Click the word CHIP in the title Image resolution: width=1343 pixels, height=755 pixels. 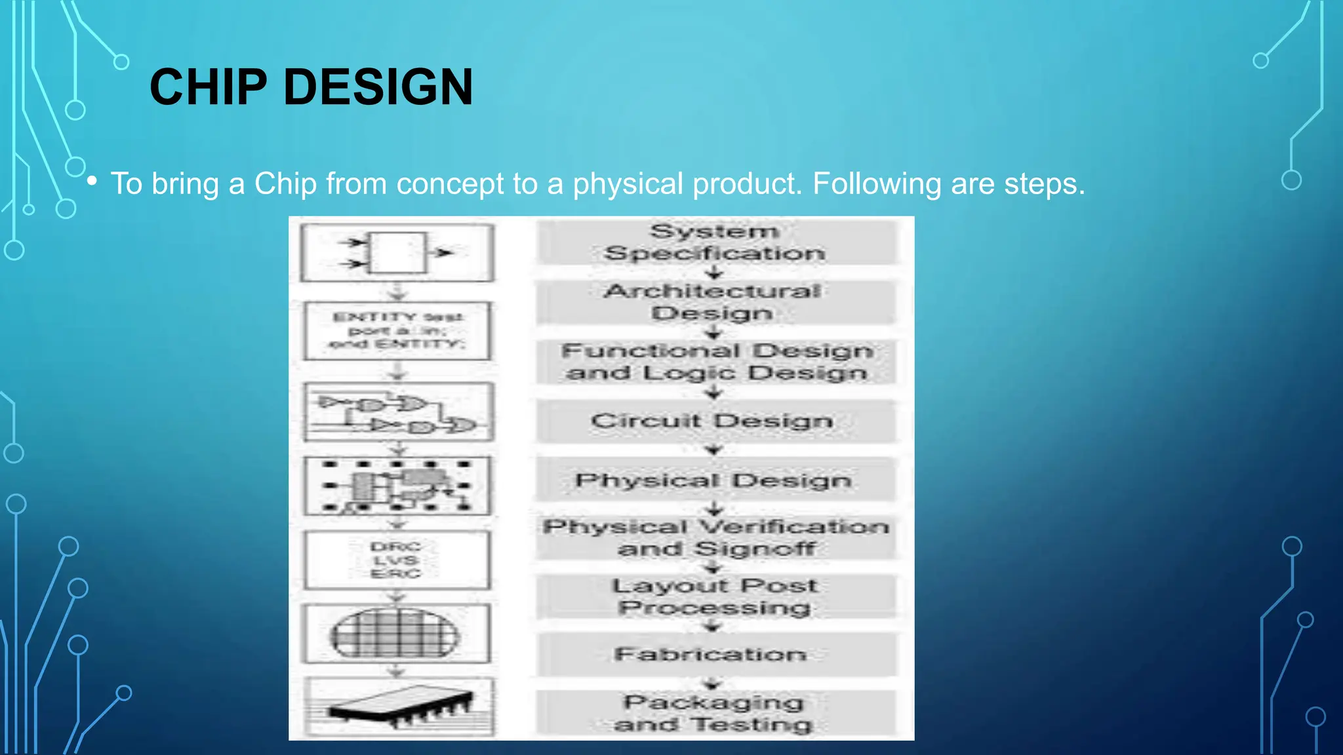coord(209,87)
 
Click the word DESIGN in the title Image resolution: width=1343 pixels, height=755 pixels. coord(378,87)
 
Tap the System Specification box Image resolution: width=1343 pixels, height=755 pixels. coord(715,242)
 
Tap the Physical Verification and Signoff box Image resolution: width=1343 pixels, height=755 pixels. coord(715,537)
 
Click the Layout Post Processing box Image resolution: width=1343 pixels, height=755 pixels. coord(715,596)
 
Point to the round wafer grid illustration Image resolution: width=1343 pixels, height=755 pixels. coord(395,634)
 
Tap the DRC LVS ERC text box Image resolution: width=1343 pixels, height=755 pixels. coord(396,560)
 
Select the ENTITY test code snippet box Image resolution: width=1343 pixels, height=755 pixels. coord(397,330)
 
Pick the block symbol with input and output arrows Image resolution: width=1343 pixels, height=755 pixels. coord(397,252)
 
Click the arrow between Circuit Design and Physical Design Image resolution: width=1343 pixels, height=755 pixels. coord(713,450)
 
